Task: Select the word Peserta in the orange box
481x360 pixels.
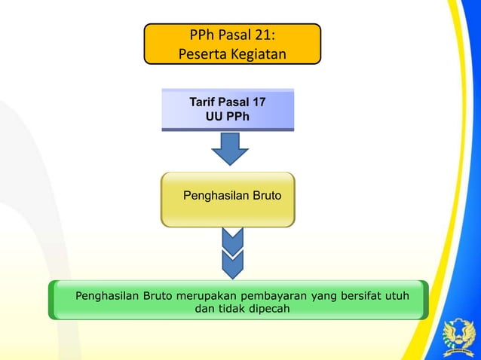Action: tap(201, 54)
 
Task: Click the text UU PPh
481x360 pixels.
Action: tap(228, 117)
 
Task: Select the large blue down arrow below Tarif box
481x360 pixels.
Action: tap(229, 148)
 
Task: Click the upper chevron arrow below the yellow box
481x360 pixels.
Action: tap(232, 239)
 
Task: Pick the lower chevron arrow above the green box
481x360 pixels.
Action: tap(232, 264)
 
